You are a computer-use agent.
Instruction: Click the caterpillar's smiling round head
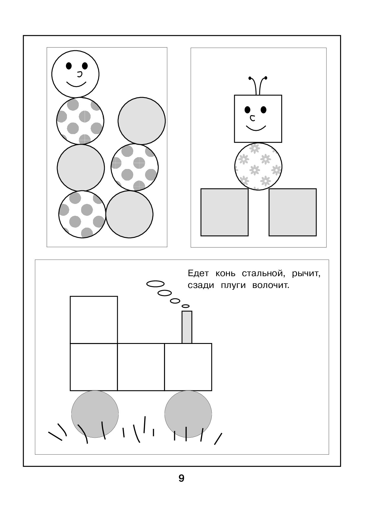click(x=75, y=74)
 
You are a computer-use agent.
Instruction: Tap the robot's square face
click(x=258, y=119)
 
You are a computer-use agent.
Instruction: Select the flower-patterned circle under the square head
click(x=258, y=166)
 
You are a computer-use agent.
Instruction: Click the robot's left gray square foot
click(x=224, y=212)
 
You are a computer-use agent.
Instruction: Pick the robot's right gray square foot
click(x=293, y=212)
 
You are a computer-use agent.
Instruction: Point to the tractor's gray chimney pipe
click(x=187, y=327)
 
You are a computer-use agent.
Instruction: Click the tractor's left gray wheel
click(x=95, y=414)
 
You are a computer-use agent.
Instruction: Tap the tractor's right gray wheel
click(x=188, y=414)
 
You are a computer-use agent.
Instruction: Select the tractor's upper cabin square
click(x=94, y=320)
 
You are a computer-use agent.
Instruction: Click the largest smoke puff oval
click(x=155, y=284)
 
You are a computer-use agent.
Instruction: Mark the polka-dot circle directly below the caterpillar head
click(x=80, y=121)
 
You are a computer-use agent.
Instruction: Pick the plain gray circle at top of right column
click(x=142, y=121)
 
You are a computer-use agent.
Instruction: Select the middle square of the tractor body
click(x=141, y=367)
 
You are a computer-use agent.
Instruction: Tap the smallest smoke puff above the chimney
click(x=186, y=306)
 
